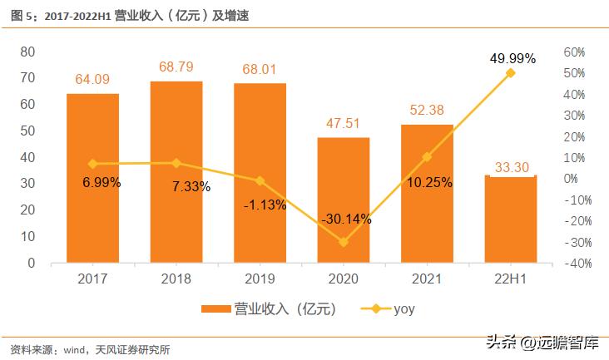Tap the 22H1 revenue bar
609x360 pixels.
pyautogui.click(x=510, y=219)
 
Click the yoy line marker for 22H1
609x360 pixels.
pyautogui.click(x=510, y=73)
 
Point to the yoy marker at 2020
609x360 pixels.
pyautogui.click(x=343, y=242)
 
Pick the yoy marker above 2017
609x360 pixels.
pyautogui.click(x=92, y=164)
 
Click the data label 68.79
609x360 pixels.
pyautogui.click(x=176, y=66)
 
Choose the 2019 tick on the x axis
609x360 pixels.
pyautogui.click(x=260, y=280)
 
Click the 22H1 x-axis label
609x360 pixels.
pyautogui.click(x=510, y=280)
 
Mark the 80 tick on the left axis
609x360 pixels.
pyautogui.click(x=27, y=52)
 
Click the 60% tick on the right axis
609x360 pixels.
pyautogui.click(x=575, y=52)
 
